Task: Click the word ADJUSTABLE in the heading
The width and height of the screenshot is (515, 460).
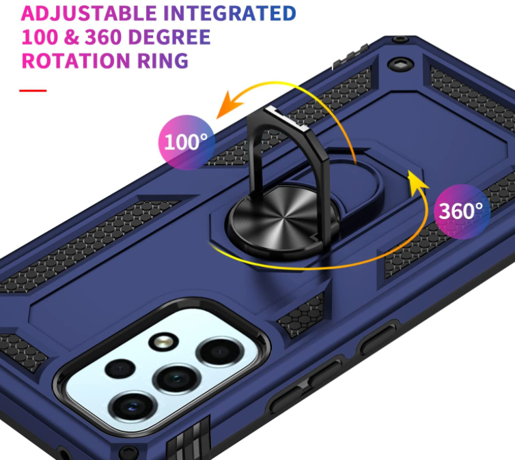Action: [x=89, y=13]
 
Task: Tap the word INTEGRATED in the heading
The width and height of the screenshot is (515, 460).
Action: [x=229, y=13]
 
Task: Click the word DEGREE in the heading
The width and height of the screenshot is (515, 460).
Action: [x=169, y=37]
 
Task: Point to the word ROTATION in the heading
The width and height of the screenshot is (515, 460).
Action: [x=76, y=60]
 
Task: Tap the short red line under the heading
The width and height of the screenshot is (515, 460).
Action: [x=33, y=91]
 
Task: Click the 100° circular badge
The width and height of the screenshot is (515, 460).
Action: [x=186, y=142]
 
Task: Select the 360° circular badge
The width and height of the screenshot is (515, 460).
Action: [x=462, y=212]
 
